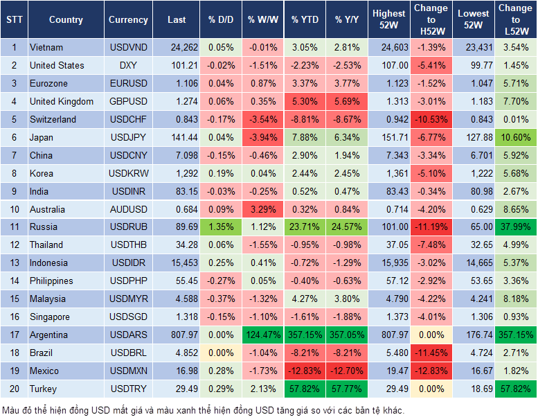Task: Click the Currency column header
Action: coord(128,20)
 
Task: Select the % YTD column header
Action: coord(305,20)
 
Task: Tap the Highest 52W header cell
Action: coord(388,19)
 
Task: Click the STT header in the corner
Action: coord(13,20)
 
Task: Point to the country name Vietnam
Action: coord(46,47)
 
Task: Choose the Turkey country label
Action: coord(44,389)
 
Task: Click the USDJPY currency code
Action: coord(128,137)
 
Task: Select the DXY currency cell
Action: coord(128,65)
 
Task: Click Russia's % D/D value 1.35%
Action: coord(220,227)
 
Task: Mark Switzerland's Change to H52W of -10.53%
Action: coord(431,119)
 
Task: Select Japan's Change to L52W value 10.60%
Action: coord(516,137)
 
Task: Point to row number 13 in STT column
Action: coord(13,263)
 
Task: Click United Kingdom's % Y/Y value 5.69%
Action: coord(348,101)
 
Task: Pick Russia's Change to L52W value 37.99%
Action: coord(516,227)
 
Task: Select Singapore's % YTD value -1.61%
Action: coord(305,317)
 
